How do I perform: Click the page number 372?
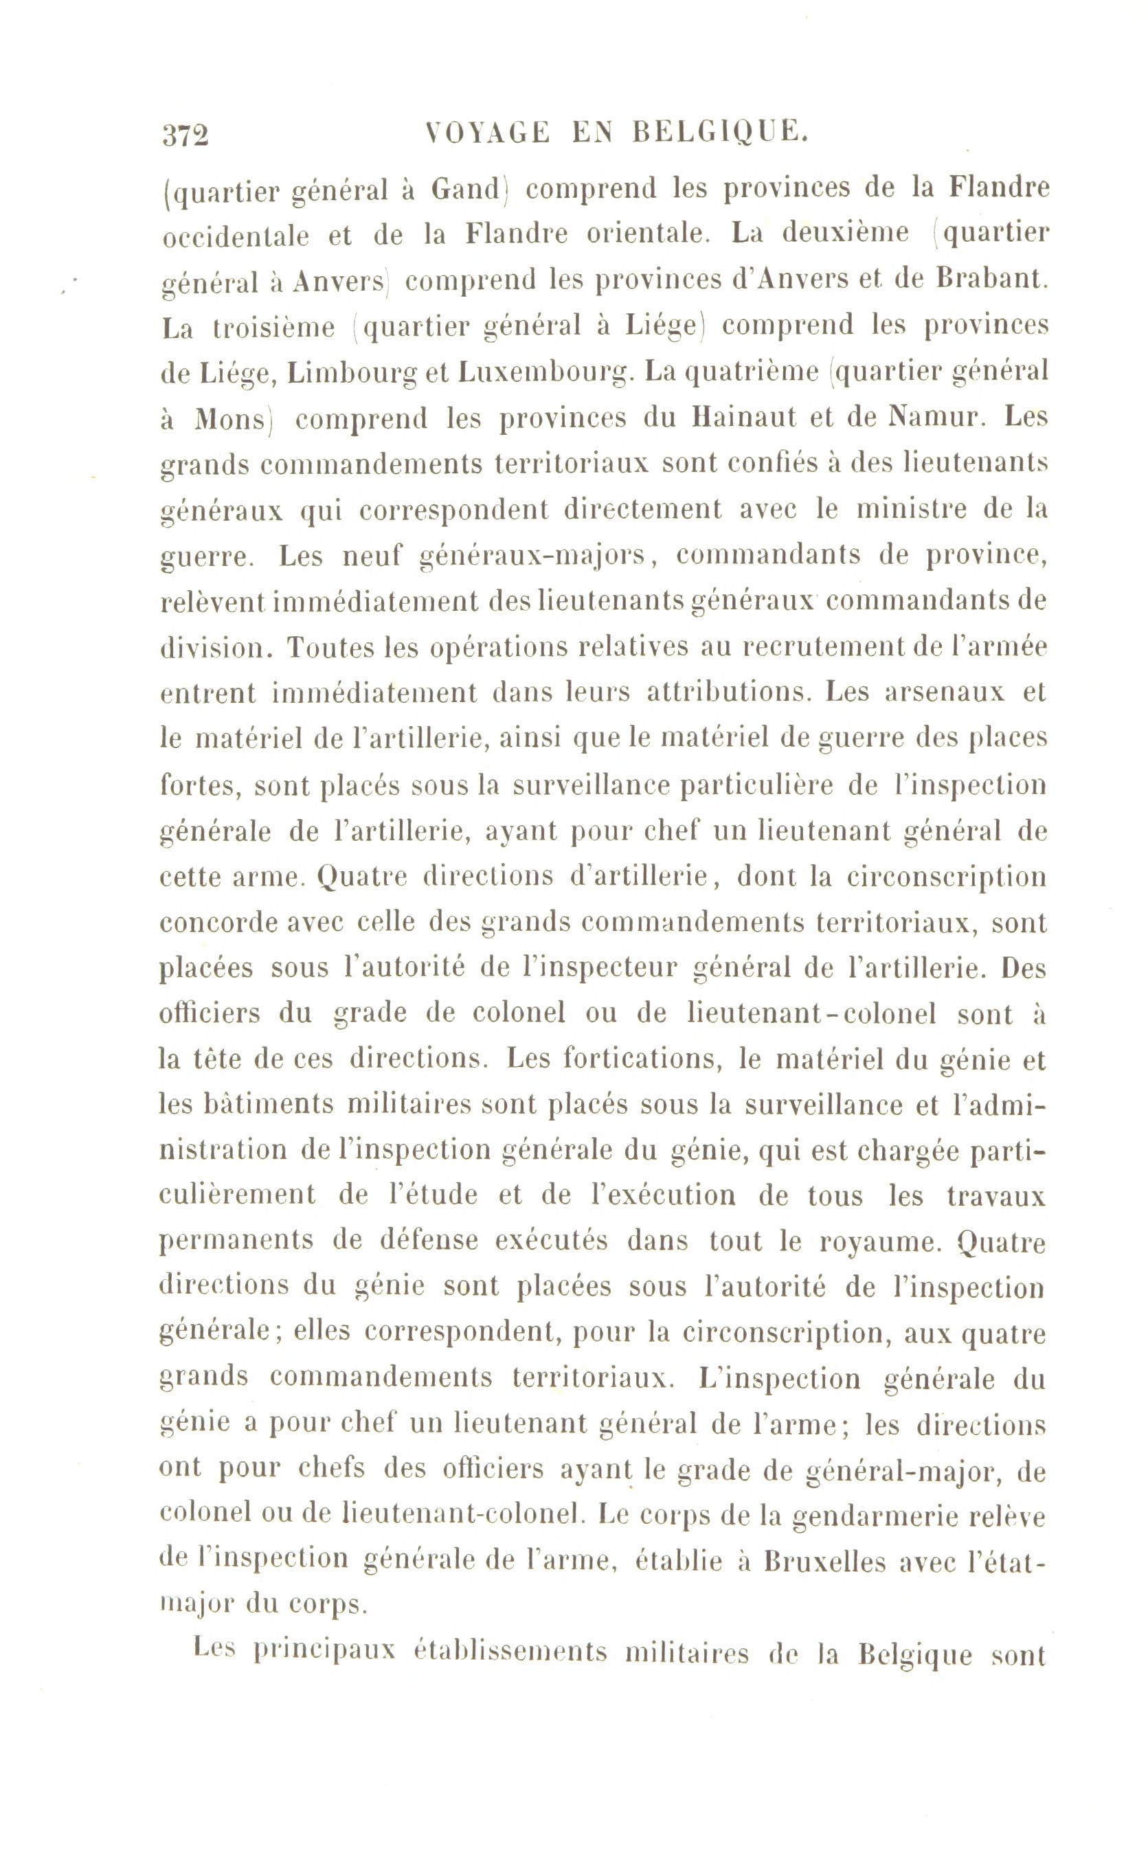pyautogui.click(x=185, y=137)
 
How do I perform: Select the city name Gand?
pyautogui.click(x=464, y=188)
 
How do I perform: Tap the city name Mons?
pyautogui.click(x=231, y=420)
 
